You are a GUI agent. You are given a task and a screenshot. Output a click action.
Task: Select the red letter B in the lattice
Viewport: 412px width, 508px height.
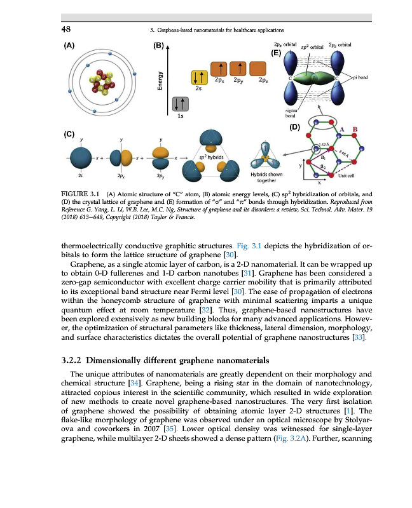coord(355,130)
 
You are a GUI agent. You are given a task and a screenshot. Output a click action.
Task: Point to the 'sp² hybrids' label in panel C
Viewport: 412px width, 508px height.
coord(210,156)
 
